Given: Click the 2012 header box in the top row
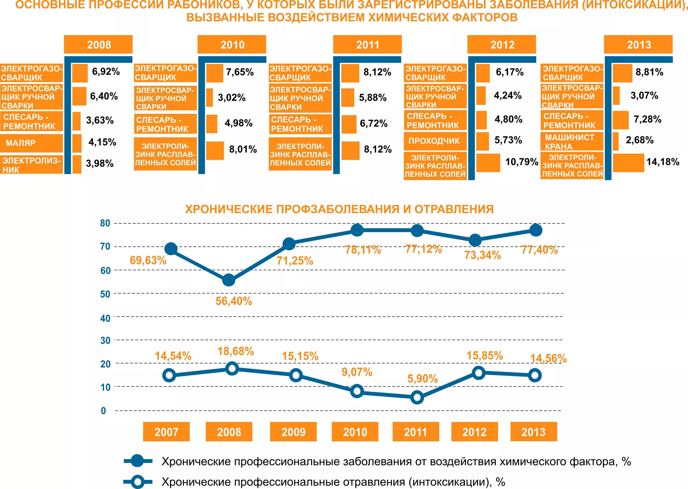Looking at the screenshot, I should point(502,44).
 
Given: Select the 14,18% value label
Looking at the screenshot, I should point(663,162).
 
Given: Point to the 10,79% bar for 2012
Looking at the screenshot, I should point(488,163).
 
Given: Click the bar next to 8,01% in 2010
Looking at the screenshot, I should point(215,150).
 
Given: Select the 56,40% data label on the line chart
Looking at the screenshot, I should point(234,301).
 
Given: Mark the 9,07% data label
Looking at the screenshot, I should point(357,372).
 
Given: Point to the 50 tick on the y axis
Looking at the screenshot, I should point(105,294).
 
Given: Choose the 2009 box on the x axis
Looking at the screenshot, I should point(293,432).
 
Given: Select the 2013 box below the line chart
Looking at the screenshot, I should point(533,432).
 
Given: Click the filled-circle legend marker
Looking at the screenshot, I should point(138,461).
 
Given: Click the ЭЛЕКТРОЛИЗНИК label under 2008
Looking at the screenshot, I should point(31,165).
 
